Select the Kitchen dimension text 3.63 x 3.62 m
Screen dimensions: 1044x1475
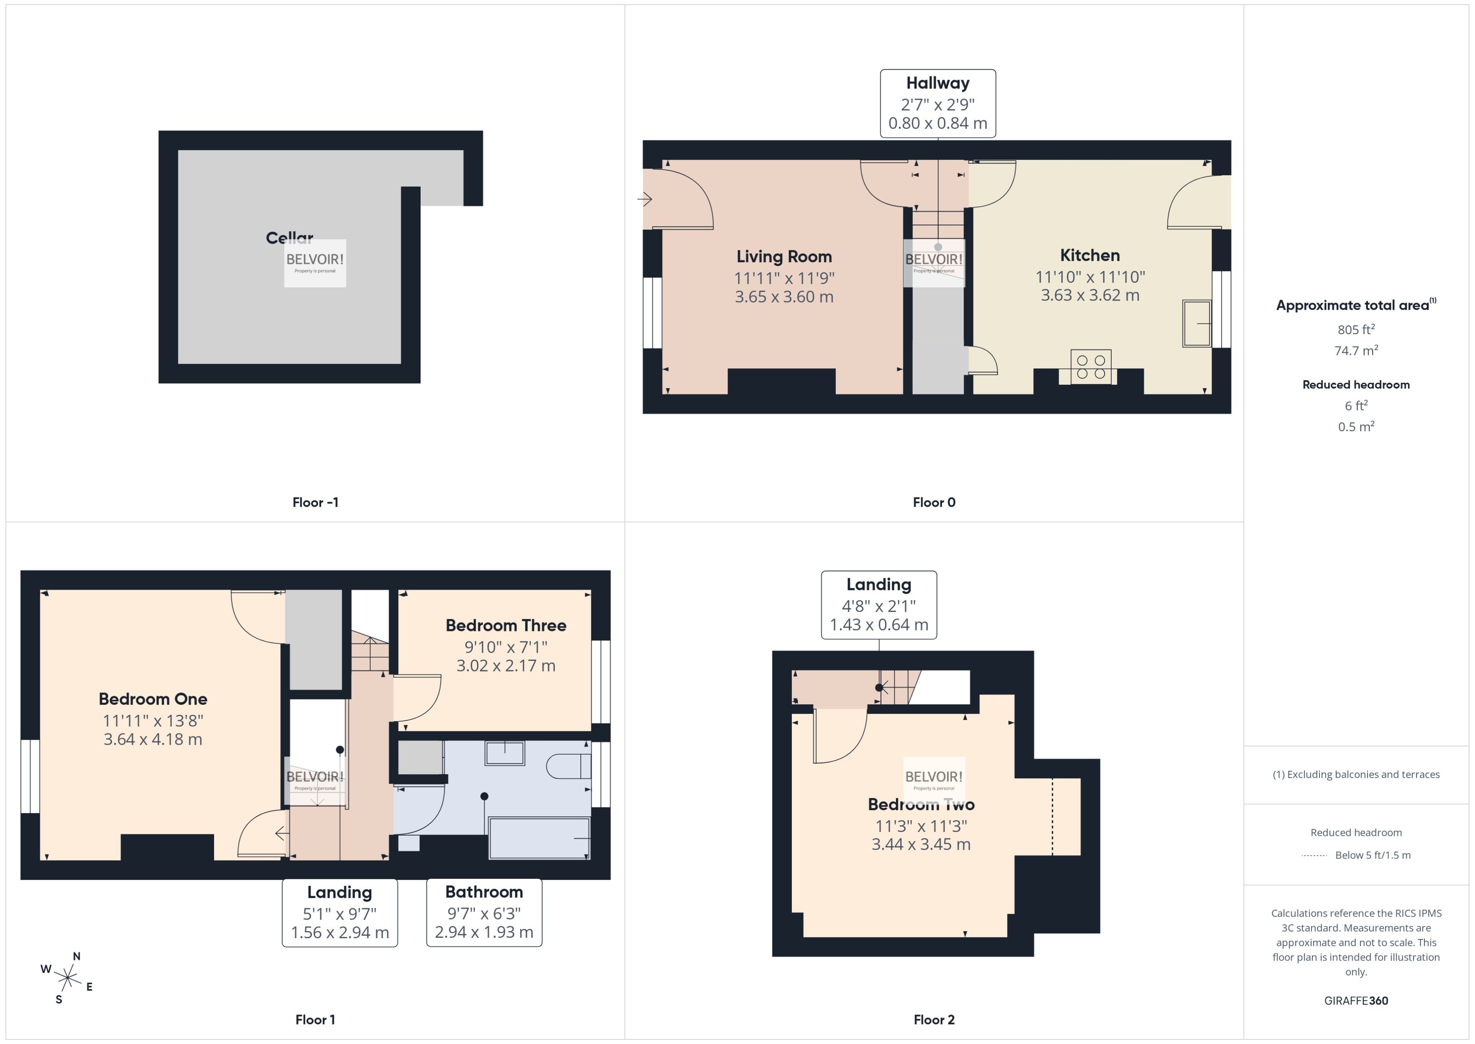[x=1089, y=295]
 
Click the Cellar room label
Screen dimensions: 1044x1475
[x=289, y=238]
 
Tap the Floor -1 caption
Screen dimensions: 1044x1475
[x=315, y=502]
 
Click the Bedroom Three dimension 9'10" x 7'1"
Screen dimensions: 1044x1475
[x=505, y=647]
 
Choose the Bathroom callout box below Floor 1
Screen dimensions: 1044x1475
[x=484, y=912]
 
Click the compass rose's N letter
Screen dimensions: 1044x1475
[x=76, y=956]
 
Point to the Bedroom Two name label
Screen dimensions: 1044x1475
[x=920, y=804]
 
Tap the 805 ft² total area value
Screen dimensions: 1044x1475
[x=1355, y=329]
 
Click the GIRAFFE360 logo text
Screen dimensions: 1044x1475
[x=1355, y=1000]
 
